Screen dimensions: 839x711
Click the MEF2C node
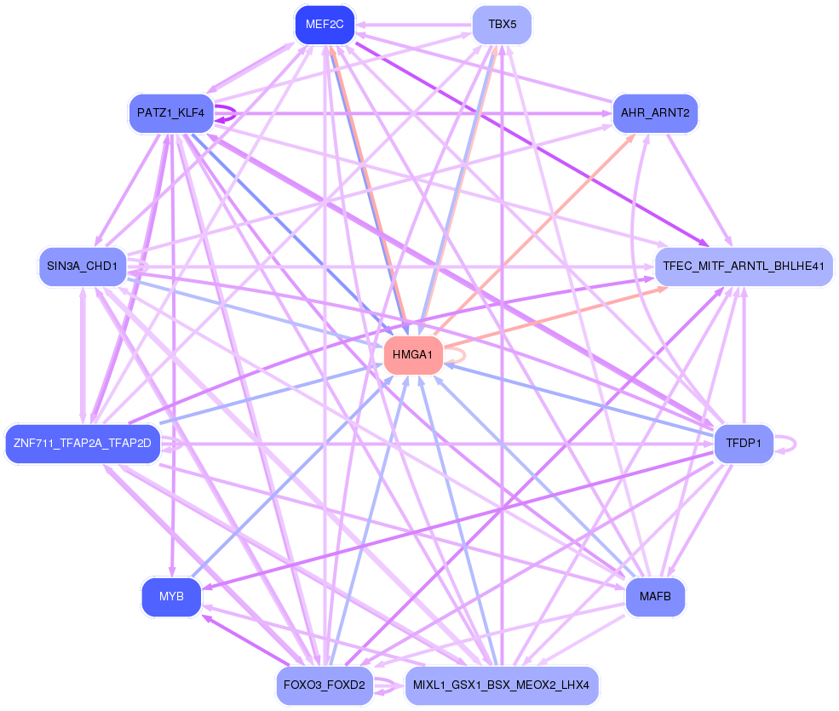325,25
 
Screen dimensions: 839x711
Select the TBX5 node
502,25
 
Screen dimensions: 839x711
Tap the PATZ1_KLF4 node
171,113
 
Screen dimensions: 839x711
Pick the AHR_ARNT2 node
656,113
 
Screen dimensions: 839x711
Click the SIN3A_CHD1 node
83,267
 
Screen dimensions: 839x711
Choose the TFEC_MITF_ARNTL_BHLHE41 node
744,267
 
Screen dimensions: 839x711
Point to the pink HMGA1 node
413,355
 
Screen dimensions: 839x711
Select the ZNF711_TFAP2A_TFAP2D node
83,444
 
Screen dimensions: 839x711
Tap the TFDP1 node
744,444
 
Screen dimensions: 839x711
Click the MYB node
171,597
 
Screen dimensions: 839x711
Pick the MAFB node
656,597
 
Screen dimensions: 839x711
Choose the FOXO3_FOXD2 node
325,685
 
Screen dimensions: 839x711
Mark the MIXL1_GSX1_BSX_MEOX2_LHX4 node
502,685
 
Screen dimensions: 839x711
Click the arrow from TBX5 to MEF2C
414,25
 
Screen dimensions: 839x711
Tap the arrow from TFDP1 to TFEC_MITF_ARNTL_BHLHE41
744,355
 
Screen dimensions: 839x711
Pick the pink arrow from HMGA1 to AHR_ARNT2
534,235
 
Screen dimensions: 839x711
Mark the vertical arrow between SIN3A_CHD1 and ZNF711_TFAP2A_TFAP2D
83,355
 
